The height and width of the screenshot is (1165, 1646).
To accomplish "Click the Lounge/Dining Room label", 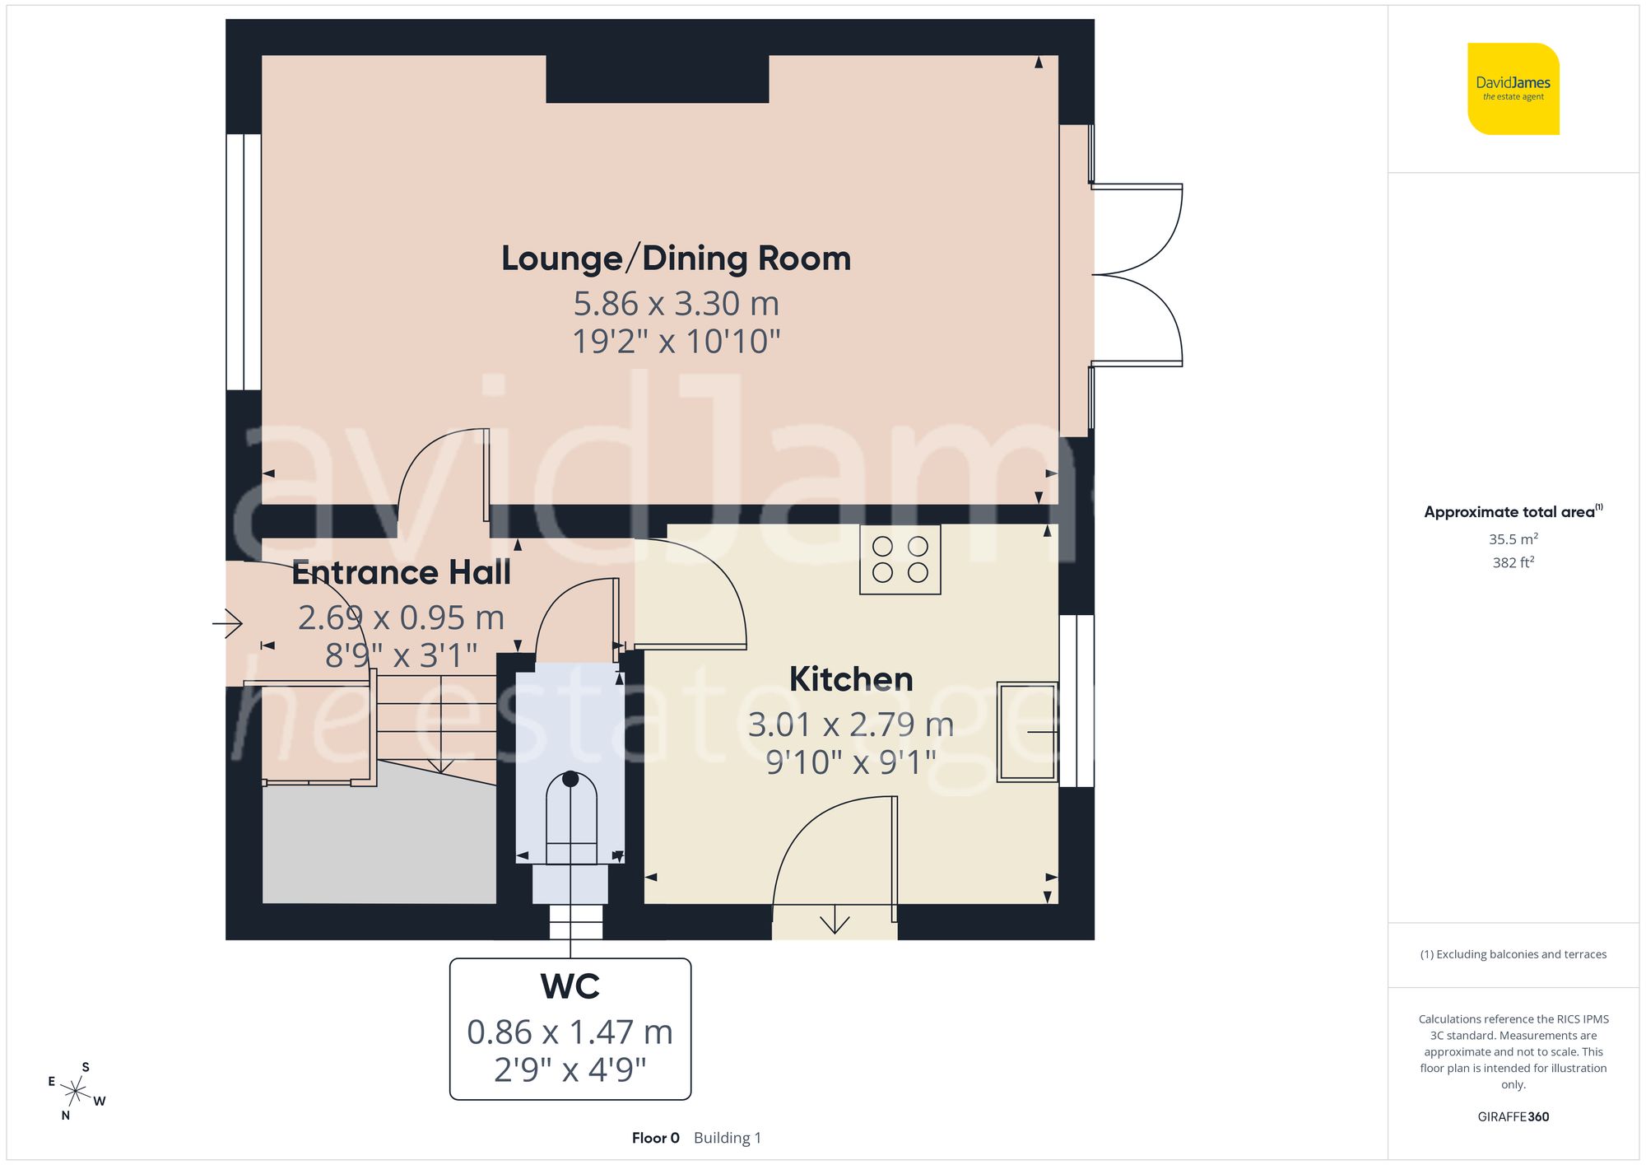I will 676,259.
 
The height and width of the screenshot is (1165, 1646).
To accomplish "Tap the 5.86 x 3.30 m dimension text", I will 676,304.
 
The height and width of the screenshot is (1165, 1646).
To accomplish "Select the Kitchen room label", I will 851,679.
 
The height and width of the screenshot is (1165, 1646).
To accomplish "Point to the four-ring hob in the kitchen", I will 900,560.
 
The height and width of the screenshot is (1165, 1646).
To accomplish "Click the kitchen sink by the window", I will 1026,731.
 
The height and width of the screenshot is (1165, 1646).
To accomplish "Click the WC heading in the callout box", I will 570,986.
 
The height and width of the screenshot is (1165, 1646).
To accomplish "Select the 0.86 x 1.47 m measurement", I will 570,1032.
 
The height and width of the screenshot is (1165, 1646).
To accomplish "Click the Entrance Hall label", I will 401,572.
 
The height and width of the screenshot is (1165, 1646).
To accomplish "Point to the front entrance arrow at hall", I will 228,623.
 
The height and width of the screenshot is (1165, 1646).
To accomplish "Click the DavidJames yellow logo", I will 1513,89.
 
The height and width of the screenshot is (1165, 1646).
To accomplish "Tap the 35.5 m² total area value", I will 1513,539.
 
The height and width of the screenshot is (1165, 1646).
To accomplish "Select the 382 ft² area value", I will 1513,562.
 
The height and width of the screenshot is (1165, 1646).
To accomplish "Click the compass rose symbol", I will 76,1092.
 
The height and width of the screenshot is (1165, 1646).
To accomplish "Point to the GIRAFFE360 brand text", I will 1513,1116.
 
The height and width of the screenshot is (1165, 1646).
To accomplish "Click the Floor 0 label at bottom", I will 655,1138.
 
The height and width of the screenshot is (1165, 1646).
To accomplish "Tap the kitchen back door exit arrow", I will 835,920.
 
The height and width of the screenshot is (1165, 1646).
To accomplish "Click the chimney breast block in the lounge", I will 657,79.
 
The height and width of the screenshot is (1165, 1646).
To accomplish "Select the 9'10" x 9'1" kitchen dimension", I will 851,762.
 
